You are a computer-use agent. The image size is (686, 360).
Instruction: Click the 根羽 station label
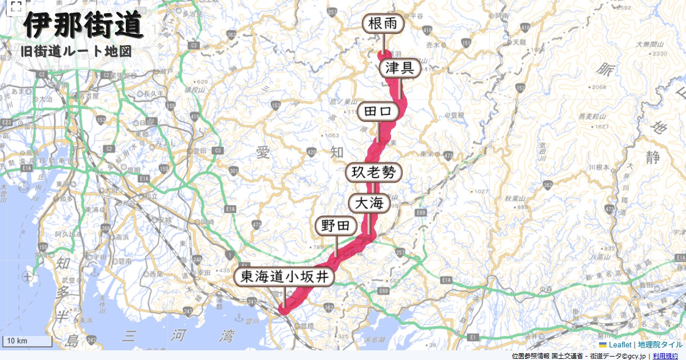click(x=383, y=24)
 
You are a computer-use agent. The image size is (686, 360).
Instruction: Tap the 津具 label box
click(x=400, y=68)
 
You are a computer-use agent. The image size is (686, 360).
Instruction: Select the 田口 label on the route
click(x=378, y=111)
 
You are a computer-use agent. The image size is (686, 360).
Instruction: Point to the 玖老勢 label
click(x=374, y=173)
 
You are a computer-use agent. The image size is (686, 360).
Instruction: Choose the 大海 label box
click(x=369, y=203)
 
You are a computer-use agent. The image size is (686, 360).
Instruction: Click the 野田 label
click(x=336, y=226)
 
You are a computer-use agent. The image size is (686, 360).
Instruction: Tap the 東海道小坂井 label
click(x=284, y=278)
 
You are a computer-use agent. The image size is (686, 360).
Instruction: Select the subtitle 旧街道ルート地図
click(x=76, y=51)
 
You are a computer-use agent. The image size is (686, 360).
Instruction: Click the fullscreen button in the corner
click(x=16, y=7)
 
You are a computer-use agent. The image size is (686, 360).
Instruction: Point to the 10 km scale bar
click(x=27, y=341)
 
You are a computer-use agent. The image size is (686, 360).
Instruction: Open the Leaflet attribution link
click(x=620, y=345)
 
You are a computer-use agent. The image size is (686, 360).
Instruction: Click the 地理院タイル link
click(x=660, y=345)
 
